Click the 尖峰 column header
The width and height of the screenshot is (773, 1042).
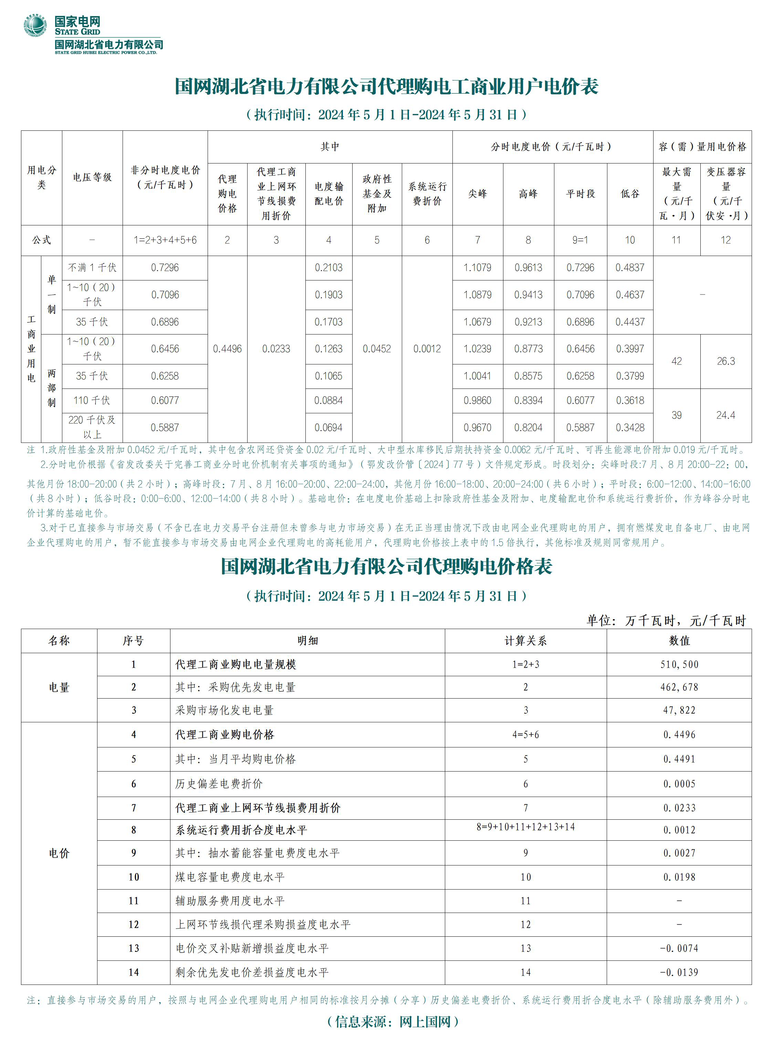coord(477,194)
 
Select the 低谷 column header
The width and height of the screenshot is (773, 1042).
coord(630,194)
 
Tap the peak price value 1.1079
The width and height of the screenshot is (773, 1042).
coord(477,267)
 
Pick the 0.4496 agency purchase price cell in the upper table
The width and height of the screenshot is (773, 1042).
coord(227,349)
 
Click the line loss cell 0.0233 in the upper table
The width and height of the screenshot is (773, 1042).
coord(276,349)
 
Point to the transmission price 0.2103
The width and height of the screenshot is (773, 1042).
coord(328,267)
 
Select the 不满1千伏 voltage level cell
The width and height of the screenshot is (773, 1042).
coord(92,267)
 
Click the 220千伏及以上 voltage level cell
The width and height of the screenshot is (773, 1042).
coord(92,427)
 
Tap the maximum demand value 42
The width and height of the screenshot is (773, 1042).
coord(677,361)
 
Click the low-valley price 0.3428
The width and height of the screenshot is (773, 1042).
coord(630,427)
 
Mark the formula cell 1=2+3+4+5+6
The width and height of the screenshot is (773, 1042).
coord(165,240)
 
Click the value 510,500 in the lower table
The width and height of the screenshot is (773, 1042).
coord(679,664)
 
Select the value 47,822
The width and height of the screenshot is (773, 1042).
coord(679,710)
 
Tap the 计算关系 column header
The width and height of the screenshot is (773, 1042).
coord(525,641)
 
